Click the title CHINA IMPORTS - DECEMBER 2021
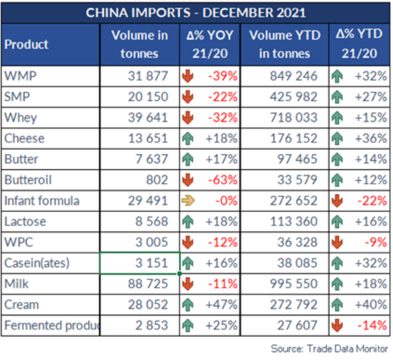click(x=196, y=13)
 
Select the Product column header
click(x=26, y=45)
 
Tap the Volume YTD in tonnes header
click(x=285, y=44)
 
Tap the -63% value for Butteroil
click(x=223, y=180)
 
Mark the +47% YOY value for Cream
click(x=222, y=305)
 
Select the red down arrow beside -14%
click(x=338, y=325)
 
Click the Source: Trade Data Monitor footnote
click(x=330, y=348)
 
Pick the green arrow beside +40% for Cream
click(x=338, y=305)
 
